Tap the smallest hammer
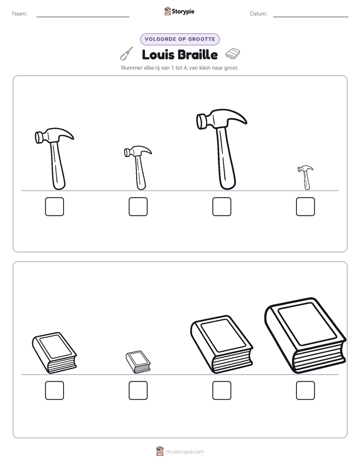tap(306, 178)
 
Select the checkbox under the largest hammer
tap(221, 207)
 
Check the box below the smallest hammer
tap(306, 207)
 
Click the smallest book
tap(138, 362)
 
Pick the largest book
tap(306, 335)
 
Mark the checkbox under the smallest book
tap(138, 390)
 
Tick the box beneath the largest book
tap(306, 390)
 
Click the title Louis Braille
tap(179, 54)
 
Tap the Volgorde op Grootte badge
tap(179, 39)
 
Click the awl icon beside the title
tap(126, 54)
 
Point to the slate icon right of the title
tap(233, 53)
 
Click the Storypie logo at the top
tap(179, 11)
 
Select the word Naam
tap(20, 14)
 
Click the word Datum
tap(259, 14)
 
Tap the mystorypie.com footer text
tap(185, 452)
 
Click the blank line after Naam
tap(83, 17)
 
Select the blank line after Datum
tap(311, 17)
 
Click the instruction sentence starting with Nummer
tap(179, 68)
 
